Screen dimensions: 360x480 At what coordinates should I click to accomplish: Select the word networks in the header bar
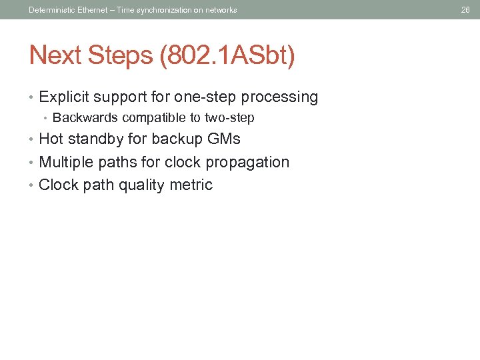221,9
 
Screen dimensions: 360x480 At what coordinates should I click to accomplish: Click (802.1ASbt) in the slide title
226,55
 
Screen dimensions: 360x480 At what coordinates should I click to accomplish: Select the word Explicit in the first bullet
65,97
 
